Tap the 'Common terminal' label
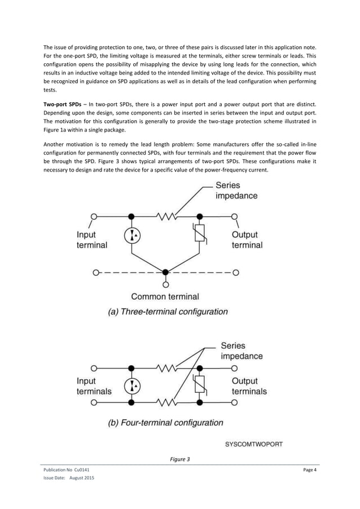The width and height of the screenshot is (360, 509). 165,296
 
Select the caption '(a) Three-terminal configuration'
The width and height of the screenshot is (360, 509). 168,311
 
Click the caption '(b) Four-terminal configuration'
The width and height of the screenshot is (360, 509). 165,423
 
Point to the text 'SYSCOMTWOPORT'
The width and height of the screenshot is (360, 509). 254,444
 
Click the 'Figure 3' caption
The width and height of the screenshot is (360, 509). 180,459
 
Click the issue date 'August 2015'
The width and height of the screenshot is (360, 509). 82,479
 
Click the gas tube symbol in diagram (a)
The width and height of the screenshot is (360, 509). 132,235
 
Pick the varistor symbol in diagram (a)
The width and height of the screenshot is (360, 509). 199,234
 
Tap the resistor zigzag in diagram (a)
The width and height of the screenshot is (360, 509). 166,216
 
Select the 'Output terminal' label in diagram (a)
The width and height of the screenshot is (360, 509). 247,240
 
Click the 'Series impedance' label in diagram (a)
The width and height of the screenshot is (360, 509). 236,191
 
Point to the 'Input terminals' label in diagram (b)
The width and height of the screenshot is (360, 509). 94,386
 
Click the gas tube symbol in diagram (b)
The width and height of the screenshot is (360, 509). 132,385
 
